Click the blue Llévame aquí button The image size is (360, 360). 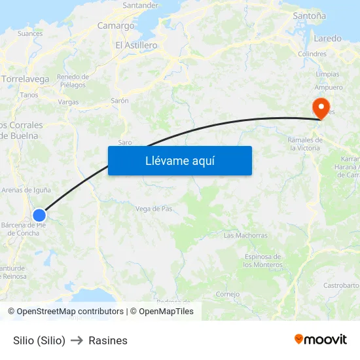point(179,160)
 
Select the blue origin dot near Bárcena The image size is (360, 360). point(39,215)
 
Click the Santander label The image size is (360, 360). point(140,5)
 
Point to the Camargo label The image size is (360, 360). point(116,26)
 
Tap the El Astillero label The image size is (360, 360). point(136,46)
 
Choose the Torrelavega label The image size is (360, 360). point(26,79)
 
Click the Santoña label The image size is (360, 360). point(310,15)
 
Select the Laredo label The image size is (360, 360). point(327,39)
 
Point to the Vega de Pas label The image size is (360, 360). point(154,209)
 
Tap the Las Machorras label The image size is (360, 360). point(245,236)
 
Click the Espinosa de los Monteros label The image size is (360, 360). point(262,261)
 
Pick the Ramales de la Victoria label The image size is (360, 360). point(305,144)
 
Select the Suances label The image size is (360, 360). point(30,33)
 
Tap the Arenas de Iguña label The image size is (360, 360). point(26,190)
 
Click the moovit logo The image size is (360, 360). point(320,340)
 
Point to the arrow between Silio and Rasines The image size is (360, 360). point(77,340)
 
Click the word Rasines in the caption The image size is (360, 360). point(108,340)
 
